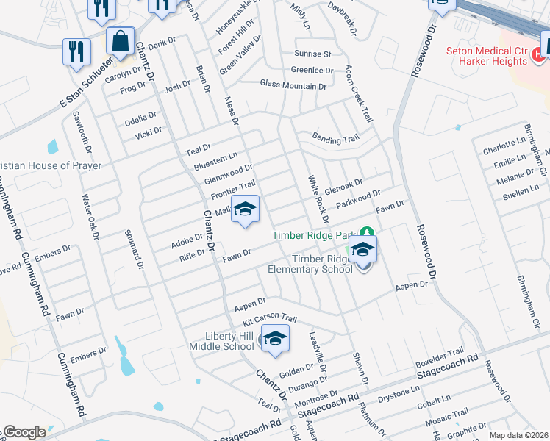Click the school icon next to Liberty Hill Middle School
[x=275, y=338]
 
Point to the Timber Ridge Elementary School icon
[x=362, y=251]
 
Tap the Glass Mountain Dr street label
[x=293, y=86]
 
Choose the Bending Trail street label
[x=335, y=138]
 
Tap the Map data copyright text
[x=518, y=435]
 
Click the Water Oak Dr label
[x=90, y=218]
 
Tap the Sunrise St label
[x=313, y=54]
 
